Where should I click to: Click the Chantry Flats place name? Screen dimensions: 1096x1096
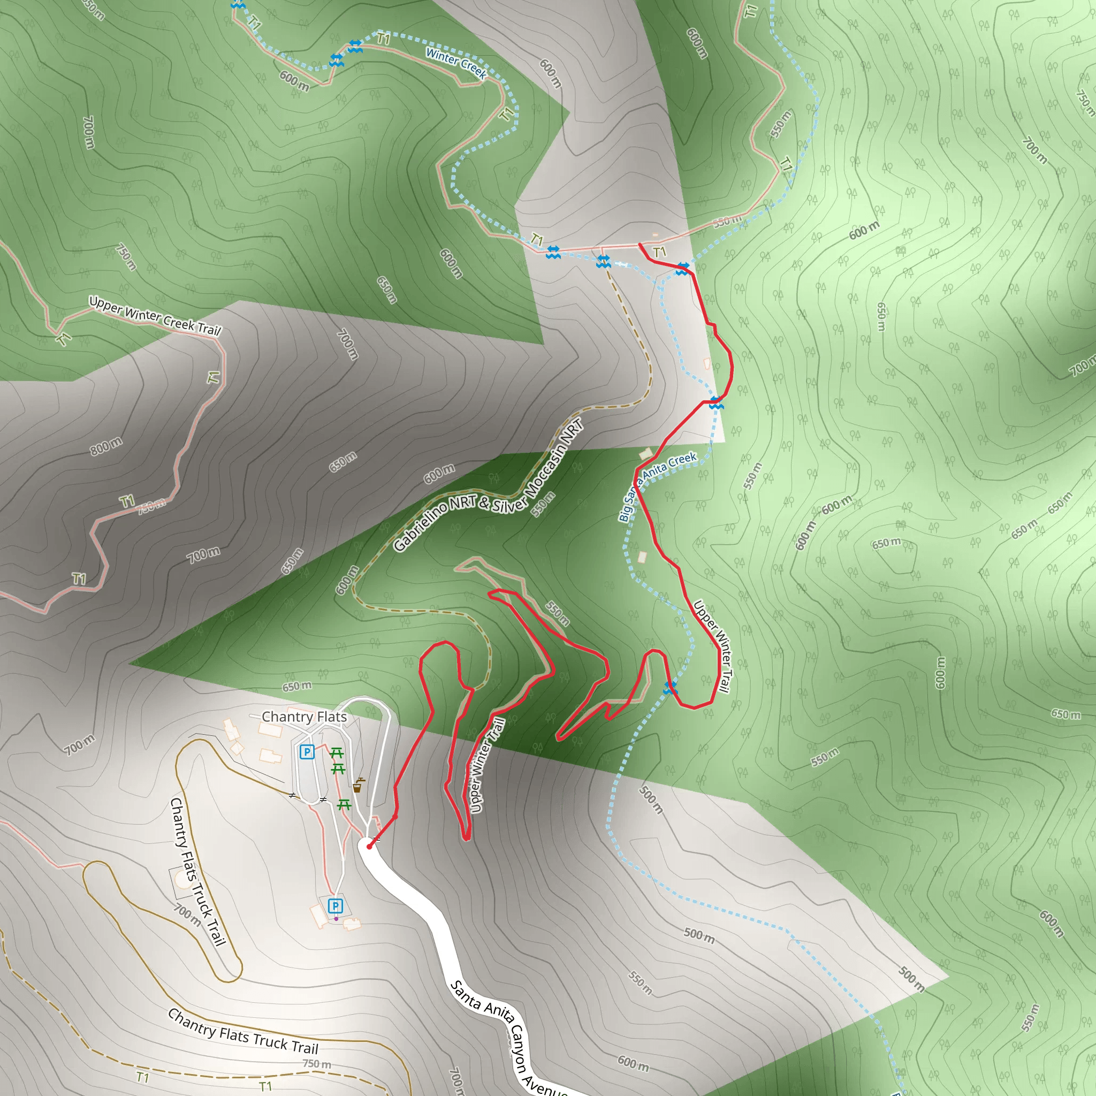[x=304, y=717]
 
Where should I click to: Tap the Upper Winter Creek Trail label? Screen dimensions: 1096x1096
[x=154, y=316]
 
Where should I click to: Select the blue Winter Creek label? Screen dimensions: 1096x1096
[x=456, y=63]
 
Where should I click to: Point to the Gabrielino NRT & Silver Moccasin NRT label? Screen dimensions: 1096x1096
[x=488, y=485]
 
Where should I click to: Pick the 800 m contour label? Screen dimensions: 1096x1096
[x=106, y=446]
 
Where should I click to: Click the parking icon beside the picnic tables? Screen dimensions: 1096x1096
[x=307, y=752]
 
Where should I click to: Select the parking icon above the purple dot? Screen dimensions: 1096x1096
[x=335, y=906]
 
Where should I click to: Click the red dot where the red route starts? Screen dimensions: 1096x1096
[x=369, y=847]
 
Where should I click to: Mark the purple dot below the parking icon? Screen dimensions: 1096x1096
[x=336, y=919]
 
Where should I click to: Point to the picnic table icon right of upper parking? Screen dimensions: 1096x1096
[x=337, y=753]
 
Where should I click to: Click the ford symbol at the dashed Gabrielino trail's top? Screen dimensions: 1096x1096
[x=603, y=262]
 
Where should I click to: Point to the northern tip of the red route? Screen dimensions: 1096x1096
[x=640, y=245]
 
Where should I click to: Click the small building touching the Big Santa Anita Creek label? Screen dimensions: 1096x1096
[x=645, y=453]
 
